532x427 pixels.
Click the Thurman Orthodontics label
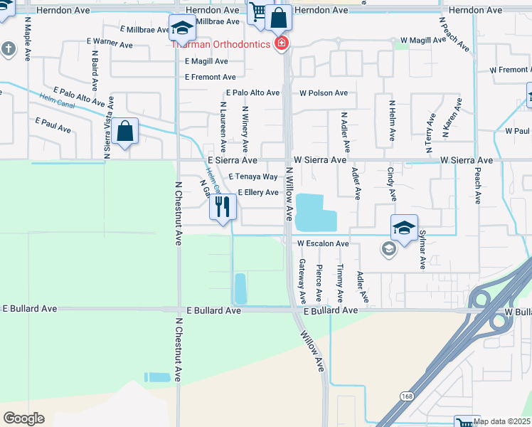point(220,44)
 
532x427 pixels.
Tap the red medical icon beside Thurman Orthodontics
point(282,44)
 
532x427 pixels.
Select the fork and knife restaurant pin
point(223,207)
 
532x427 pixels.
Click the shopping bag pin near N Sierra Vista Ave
point(124,132)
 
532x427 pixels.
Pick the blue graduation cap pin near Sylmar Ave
point(404,228)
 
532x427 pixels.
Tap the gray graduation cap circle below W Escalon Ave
point(388,249)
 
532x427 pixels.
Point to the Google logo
point(23,418)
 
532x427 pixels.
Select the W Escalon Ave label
point(323,243)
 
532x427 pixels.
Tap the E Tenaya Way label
point(253,176)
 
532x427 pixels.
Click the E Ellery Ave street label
point(258,192)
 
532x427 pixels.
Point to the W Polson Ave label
point(323,93)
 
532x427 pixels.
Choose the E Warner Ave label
point(110,44)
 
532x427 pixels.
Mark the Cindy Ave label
point(391,184)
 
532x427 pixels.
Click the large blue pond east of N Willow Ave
point(313,211)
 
